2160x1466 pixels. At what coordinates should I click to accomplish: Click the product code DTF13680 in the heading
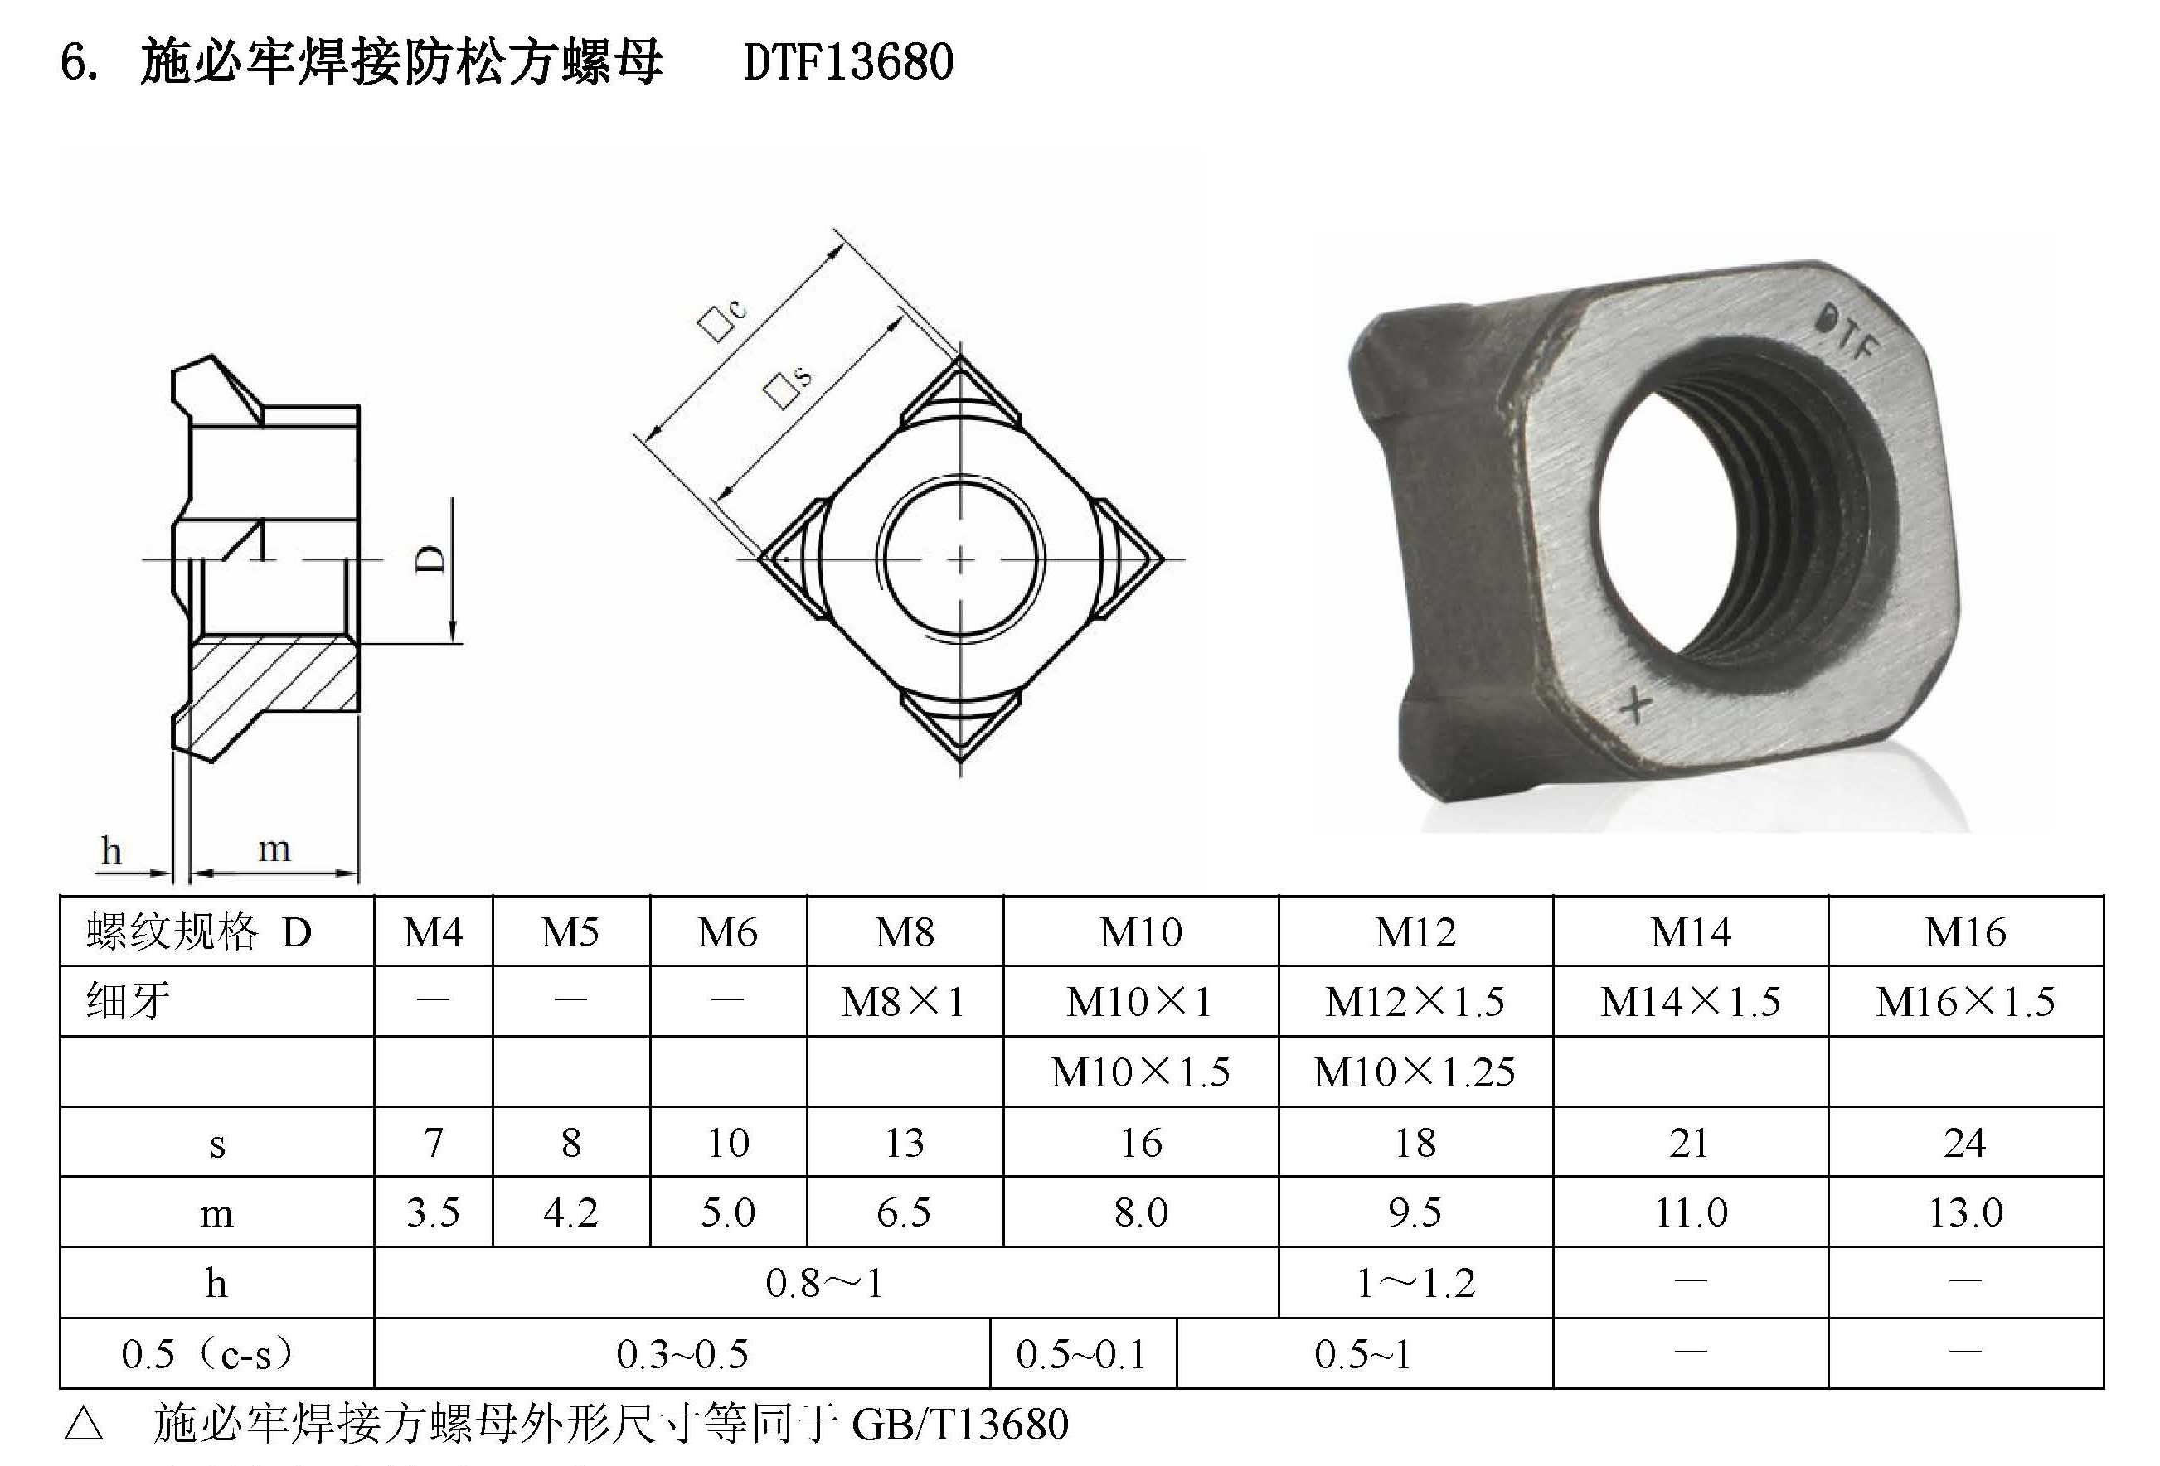coord(848,63)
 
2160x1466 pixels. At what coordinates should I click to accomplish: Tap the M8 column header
coord(904,931)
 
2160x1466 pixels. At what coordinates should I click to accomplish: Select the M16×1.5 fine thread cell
coord(1965,1001)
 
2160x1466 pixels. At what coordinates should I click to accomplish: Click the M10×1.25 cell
coord(1415,1072)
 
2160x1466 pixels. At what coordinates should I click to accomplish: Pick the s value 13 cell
coord(904,1143)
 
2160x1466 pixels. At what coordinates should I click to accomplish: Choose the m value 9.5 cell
coord(1415,1212)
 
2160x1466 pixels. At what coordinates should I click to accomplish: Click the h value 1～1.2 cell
coord(1415,1283)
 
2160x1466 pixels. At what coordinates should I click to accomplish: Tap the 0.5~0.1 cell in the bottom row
coord(1081,1354)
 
